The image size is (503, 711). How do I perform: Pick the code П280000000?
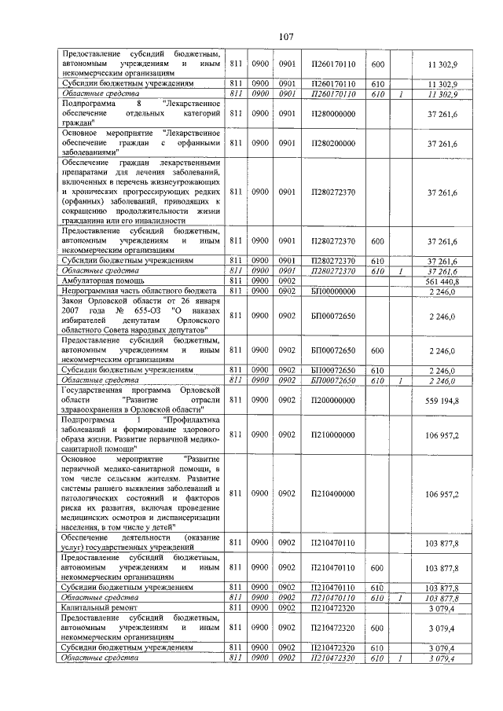click(334, 114)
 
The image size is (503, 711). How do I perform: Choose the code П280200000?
click(334, 144)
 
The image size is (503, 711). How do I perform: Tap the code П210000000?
click(334, 434)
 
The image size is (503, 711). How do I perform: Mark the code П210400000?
click(334, 493)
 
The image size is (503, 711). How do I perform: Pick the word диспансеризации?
click(182, 519)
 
